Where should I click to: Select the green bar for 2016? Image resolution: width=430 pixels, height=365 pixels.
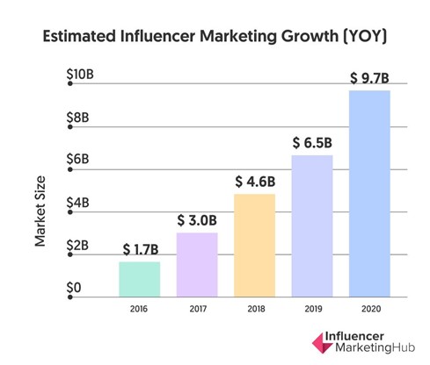139,278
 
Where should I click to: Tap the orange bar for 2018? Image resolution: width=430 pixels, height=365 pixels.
255,245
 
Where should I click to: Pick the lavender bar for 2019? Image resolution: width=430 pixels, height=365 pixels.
312,225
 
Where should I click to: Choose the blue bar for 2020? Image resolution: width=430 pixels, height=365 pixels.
369,192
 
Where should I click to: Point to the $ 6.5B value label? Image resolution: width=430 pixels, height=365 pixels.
312,143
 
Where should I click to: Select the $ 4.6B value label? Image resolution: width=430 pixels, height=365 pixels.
255,182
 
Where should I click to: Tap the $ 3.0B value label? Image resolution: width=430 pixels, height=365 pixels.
197,219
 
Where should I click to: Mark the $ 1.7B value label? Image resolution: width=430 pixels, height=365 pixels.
139,249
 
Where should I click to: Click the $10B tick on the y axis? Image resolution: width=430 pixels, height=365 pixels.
81,76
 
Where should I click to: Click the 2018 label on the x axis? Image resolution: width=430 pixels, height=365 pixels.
255,308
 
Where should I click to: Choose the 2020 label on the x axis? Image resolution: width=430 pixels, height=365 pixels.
369,308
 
